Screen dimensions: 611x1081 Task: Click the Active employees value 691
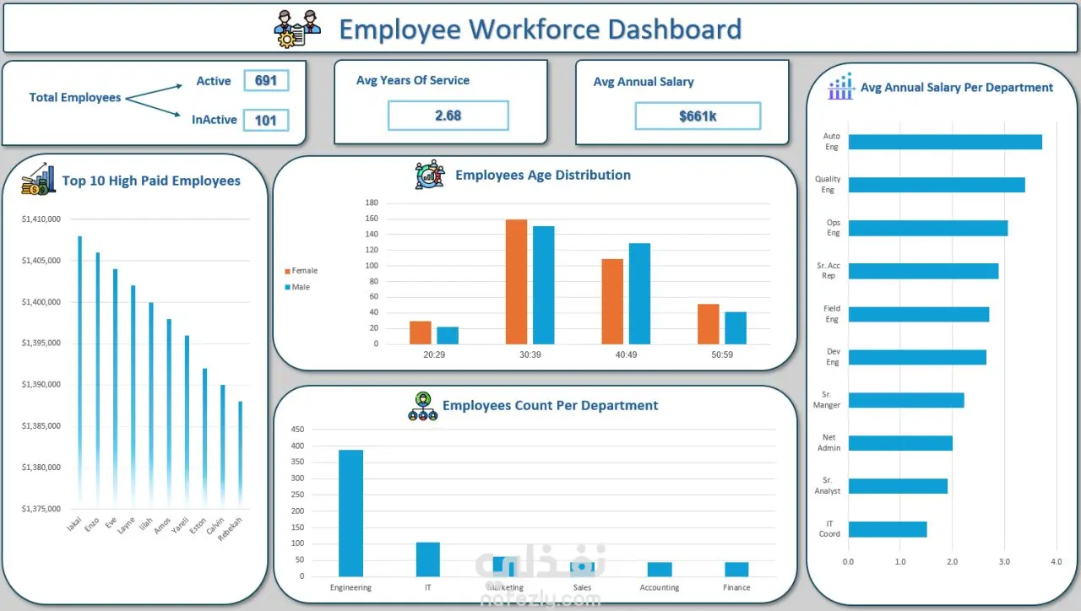point(266,81)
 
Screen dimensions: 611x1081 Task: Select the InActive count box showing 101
point(266,120)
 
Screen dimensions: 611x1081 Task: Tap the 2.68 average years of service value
point(448,116)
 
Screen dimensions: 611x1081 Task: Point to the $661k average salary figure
point(698,116)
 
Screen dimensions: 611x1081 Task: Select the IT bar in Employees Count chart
point(428,559)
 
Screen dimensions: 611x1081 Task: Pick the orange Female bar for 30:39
point(516,282)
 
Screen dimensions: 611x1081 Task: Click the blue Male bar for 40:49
point(639,294)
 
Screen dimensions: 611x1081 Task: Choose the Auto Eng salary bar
point(944,142)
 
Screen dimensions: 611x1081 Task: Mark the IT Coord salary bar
point(887,529)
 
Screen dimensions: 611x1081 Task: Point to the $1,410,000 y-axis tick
point(41,219)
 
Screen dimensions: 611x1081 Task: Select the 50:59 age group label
point(722,355)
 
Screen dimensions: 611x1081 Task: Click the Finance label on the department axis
point(736,587)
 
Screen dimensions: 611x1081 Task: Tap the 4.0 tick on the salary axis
point(1056,561)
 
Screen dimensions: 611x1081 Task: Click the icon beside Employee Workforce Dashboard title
point(298,28)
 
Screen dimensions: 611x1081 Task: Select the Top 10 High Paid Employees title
point(151,181)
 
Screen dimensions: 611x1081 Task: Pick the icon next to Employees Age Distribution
point(429,175)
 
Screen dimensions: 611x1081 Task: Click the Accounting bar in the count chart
point(659,569)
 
